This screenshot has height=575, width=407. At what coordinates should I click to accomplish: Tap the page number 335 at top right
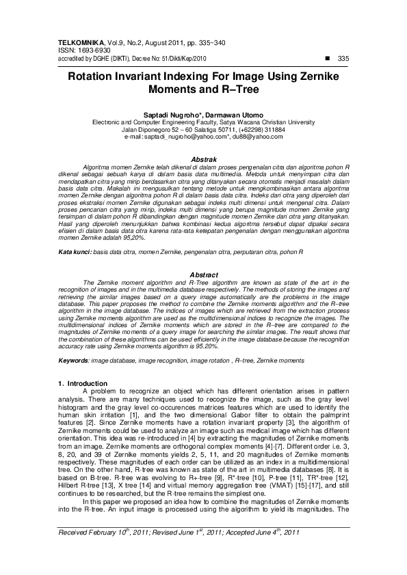pyautogui.click(x=343, y=58)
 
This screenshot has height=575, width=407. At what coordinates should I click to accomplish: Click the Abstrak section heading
pyautogui.click(x=203, y=158)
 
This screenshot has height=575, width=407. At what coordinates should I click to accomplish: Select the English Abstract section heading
pyautogui.click(x=203, y=275)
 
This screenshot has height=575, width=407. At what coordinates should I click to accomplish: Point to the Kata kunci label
pyautogui.click(x=74, y=253)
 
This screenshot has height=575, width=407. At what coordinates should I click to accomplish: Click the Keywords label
pyautogui.click(x=73, y=359)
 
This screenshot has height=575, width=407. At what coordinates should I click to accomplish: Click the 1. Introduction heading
pyautogui.click(x=83, y=383)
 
